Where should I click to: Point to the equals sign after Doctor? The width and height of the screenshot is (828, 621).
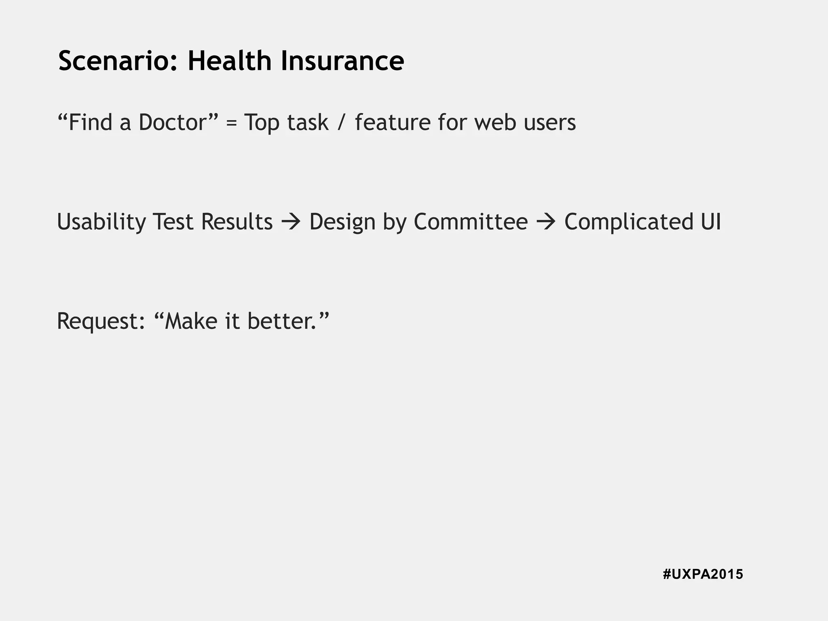tap(231, 123)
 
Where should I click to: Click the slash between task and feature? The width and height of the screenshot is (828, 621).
tap(342, 122)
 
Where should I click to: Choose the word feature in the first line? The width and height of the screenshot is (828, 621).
tap(393, 122)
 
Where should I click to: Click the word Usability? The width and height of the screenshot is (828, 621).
tap(101, 222)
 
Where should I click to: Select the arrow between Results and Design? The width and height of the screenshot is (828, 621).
tap(291, 222)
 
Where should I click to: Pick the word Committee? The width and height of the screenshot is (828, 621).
tap(471, 222)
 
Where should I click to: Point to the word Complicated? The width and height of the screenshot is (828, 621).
tap(629, 222)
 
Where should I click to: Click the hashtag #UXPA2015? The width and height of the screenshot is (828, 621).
tap(703, 574)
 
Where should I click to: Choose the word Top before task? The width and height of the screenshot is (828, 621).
tap(262, 123)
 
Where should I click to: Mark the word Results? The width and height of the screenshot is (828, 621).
tap(237, 222)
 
